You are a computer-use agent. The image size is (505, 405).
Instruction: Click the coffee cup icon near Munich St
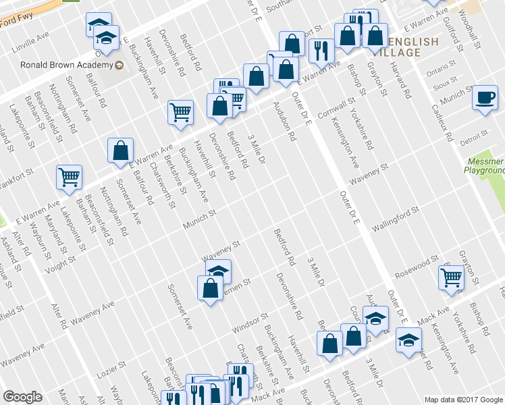485,97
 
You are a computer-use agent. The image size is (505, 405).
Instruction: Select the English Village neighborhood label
409,47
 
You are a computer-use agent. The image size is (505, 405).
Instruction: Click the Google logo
22,397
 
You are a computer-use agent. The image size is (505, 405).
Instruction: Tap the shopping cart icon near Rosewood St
451,277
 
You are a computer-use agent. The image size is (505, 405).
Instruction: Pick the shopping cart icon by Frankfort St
69,177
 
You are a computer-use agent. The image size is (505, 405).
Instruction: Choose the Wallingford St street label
396,219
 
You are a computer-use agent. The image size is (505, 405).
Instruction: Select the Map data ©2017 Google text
463,399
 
